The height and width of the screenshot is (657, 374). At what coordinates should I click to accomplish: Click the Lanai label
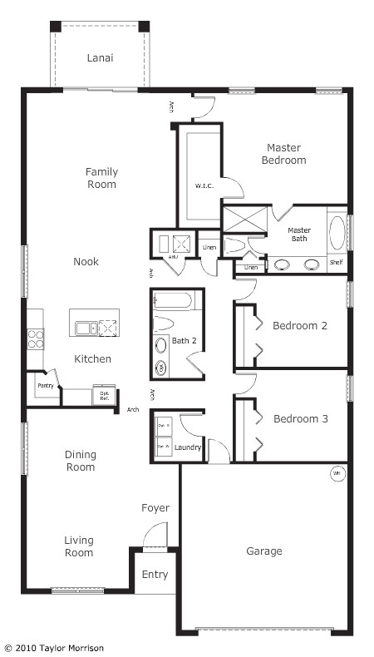[x=101, y=58]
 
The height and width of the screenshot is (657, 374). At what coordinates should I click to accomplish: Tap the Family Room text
[x=101, y=178]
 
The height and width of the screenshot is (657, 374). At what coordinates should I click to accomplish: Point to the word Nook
[x=86, y=262]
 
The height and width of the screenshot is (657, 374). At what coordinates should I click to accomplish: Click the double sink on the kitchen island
[x=86, y=328]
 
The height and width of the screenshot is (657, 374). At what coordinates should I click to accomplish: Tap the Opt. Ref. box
[x=104, y=395]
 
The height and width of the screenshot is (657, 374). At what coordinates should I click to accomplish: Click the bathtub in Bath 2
[x=175, y=300]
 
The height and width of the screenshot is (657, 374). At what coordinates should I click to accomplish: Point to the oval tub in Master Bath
[x=337, y=233]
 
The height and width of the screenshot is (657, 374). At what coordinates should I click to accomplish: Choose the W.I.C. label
[x=204, y=185]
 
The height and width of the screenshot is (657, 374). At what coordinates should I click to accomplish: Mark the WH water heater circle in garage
[x=337, y=474]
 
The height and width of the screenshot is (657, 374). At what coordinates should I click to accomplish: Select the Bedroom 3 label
[x=300, y=419]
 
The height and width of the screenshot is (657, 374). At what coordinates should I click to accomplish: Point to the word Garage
[x=263, y=551]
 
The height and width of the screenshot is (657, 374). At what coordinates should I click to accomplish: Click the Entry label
[x=155, y=575]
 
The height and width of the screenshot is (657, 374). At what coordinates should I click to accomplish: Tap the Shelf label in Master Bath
[x=336, y=263]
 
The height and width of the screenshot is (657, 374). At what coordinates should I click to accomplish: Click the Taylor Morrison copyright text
[x=54, y=647]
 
